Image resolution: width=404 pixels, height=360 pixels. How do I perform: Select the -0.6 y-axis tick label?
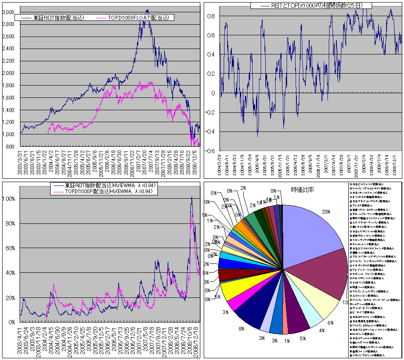pos(209,151)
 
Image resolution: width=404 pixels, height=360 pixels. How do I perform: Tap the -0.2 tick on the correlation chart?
pos(209,112)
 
